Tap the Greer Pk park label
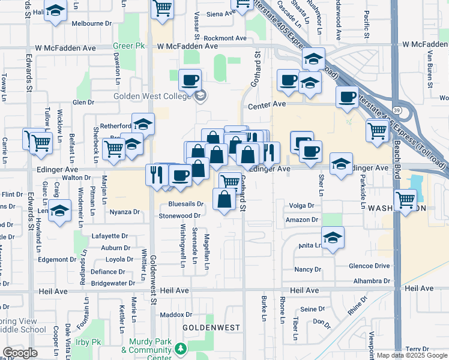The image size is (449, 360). pyautogui.click(x=126, y=46)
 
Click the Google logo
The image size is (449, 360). pyautogui.click(x=20, y=353)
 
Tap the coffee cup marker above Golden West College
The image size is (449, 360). pyautogui.click(x=190, y=80)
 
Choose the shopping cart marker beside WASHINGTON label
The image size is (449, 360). pyautogui.click(x=406, y=199)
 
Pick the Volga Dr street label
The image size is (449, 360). pyautogui.click(x=301, y=205)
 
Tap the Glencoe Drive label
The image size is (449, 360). pyautogui.click(x=369, y=266)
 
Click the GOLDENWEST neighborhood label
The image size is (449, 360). pyautogui.click(x=211, y=328)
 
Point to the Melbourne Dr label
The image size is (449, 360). pyautogui.click(x=92, y=24)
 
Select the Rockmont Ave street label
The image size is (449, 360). pyautogui.click(x=225, y=38)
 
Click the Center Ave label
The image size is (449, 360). pyautogui.click(x=267, y=104)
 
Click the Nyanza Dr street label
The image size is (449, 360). pyautogui.click(x=124, y=212)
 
